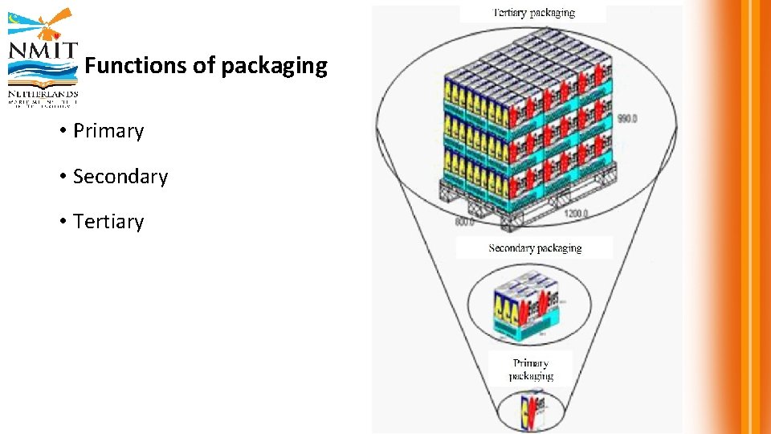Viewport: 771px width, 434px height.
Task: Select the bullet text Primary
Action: point(108,131)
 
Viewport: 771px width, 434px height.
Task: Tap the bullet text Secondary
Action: point(120,177)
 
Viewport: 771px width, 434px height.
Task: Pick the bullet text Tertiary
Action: point(108,222)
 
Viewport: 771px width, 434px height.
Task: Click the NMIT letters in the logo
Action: point(43,51)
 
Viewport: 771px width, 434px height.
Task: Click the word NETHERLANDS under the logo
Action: point(43,93)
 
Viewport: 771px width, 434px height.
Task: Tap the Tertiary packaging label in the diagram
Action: point(533,13)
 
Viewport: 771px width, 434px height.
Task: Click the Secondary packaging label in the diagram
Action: point(535,248)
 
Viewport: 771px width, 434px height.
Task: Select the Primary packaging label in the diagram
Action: point(531,369)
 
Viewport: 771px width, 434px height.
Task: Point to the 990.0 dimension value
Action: point(626,119)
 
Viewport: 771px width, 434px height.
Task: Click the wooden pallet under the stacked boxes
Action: point(522,197)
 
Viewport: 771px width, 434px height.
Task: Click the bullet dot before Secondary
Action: point(62,177)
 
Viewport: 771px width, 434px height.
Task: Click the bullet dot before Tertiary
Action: point(62,222)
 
